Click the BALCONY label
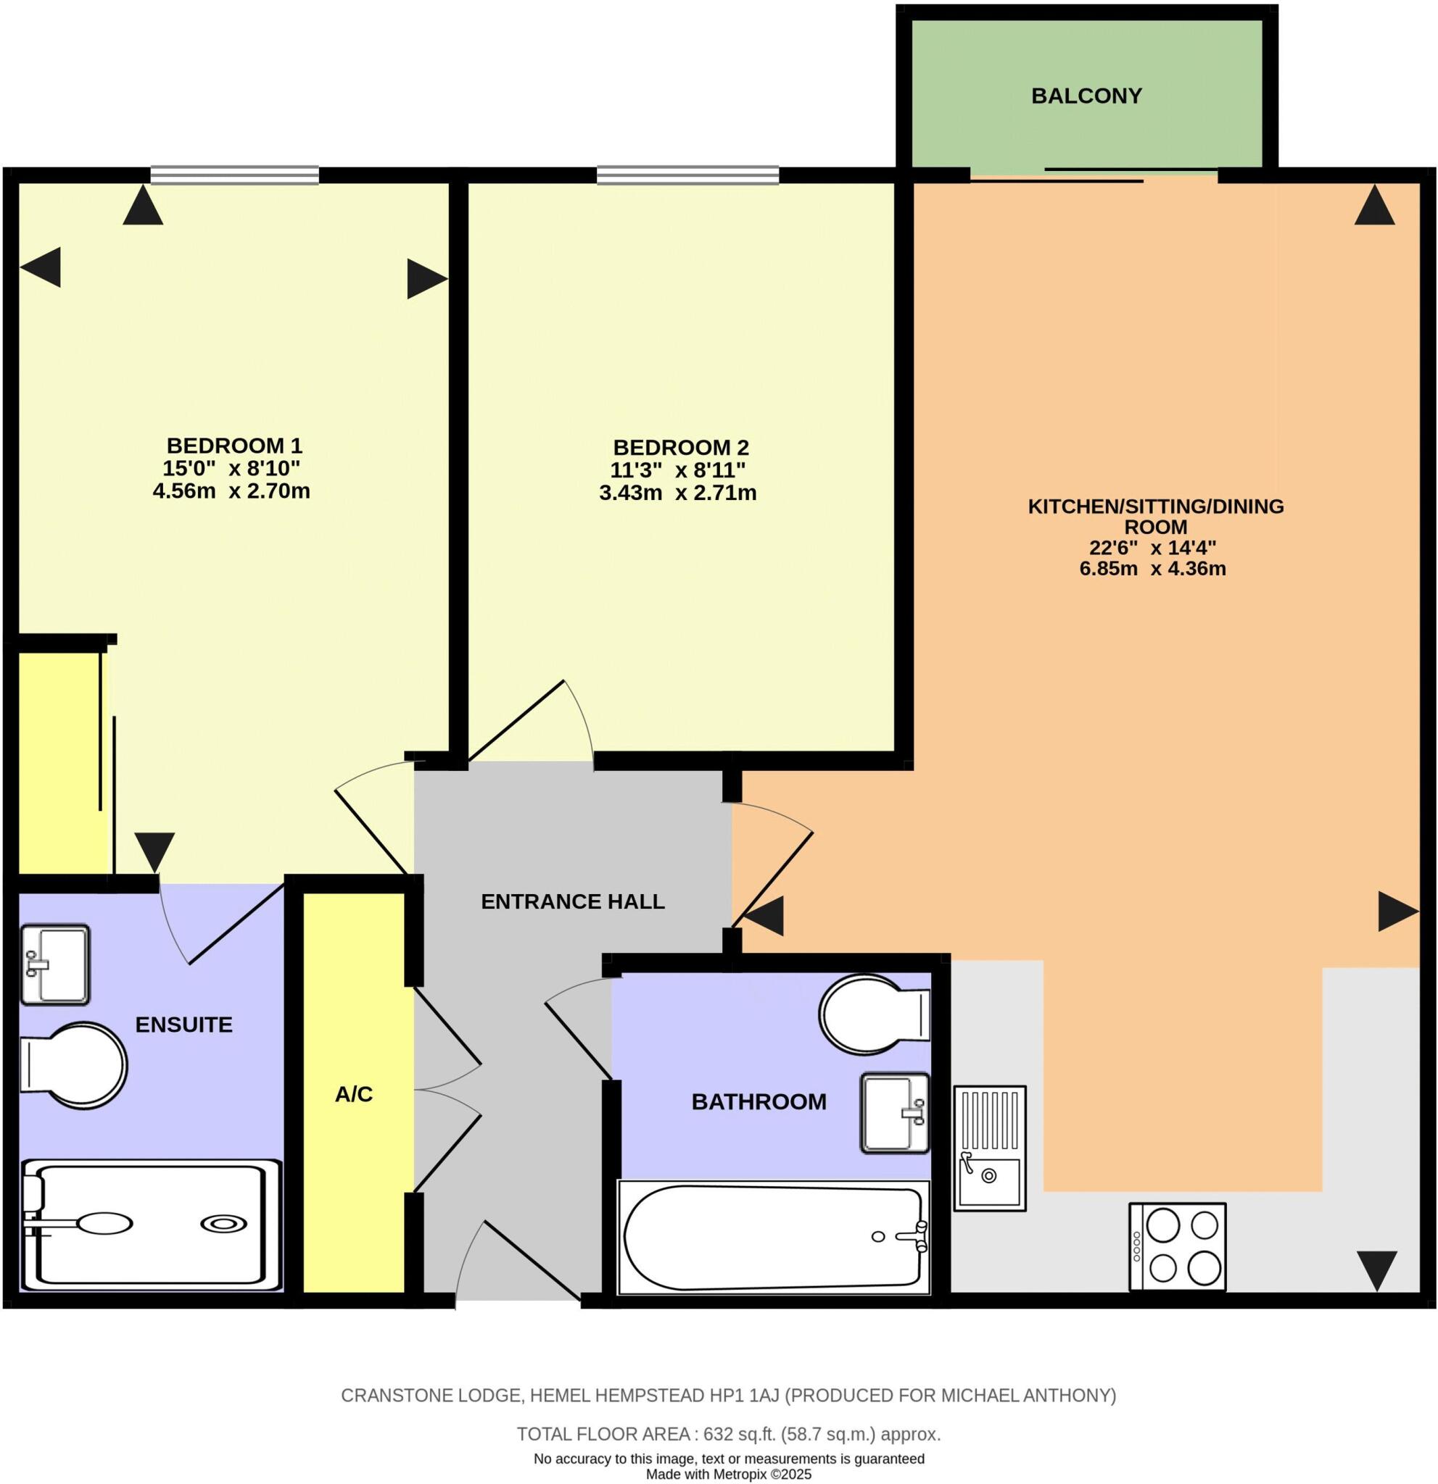pyautogui.click(x=1086, y=96)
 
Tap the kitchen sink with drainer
pyautogui.click(x=988, y=1148)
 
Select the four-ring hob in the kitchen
pyautogui.click(x=1178, y=1246)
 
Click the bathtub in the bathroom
pyautogui.click(x=773, y=1237)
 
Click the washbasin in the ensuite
pyautogui.click(x=54, y=964)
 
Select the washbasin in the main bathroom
pyautogui.click(x=894, y=1113)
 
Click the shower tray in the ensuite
pyautogui.click(x=150, y=1225)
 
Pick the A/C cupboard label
pyautogui.click(x=354, y=1094)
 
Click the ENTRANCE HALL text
pyautogui.click(x=573, y=901)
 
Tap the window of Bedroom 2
pyautogui.click(x=687, y=175)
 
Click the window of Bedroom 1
pyautogui.click(x=234, y=175)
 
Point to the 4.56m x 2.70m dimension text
pyautogui.click(x=231, y=491)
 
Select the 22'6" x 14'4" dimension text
pyautogui.click(x=1152, y=547)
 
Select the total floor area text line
pyautogui.click(x=728, y=1434)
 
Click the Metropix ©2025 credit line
pyautogui.click(x=728, y=1474)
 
